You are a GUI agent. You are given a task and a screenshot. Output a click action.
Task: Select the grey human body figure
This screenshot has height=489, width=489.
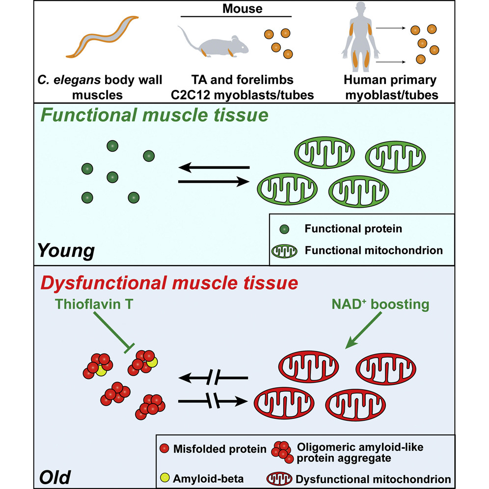pyautogui.click(x=360, y=37)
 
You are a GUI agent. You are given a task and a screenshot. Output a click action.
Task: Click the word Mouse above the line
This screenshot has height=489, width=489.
pyautogui.click(x=243, y=8)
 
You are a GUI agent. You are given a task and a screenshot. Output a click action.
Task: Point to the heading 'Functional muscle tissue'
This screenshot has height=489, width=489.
pyautogui.click(x=154, y=115)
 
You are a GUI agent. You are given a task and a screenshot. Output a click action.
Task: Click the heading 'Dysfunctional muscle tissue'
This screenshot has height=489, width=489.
pyautogui.click(x=169, y=283)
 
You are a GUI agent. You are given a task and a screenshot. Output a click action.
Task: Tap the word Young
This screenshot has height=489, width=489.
pyautogui.click(x=66, y=250)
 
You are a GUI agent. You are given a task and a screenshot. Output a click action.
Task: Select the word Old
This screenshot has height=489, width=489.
pyautogui.click(x=55, y=477)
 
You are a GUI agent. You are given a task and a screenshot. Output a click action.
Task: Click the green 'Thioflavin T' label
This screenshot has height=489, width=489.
pyautogui.click(x=94, y=304)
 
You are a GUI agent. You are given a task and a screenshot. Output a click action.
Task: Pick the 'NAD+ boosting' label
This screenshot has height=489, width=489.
pyautogui.click(x=380, y=304)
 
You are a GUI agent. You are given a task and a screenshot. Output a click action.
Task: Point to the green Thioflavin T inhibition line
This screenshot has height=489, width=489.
pyautogui.click(x=114, y=332)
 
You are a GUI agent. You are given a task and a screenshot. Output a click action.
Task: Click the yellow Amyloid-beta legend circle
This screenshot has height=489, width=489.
pyautogui.click(x=164, y=477)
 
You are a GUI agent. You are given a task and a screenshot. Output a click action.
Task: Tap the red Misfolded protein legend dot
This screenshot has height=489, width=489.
pyautogui.click(x=164, y=448)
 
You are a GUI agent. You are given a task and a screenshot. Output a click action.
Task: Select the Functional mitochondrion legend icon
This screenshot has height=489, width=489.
pyautogui.click(x=284, y=251)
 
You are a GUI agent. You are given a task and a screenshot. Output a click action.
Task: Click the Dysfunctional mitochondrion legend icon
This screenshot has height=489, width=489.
pyautogui.click(x=279, y=478)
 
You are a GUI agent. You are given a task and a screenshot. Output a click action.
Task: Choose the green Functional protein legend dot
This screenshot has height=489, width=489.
pyautogui.click(x=284, y=229)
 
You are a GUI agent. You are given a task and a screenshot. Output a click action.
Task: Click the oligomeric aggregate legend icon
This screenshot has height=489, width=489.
pyautogui.click(x=282, y=452)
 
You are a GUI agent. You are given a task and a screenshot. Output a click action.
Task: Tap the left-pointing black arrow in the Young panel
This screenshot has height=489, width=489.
pyautogui.click(x=214, y=167)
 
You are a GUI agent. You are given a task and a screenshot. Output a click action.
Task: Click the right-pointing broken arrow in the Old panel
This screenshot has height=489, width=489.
pyautogui.click(x=213, y=401)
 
